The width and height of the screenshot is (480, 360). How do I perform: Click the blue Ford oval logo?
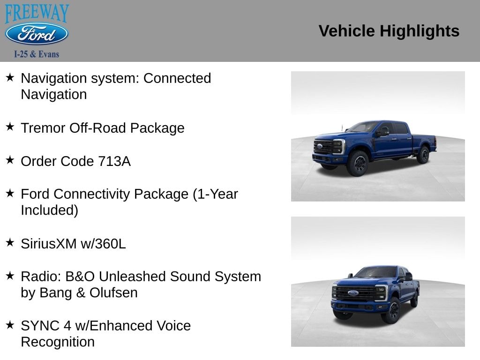(x=37, y=34)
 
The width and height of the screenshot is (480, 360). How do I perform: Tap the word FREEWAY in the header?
(x=37, y=13)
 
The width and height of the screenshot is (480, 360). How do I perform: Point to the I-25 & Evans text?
(x=37, y=54)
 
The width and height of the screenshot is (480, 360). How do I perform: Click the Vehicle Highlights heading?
(x=389, y=31)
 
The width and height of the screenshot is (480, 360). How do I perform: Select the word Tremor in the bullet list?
(x=43, y=128)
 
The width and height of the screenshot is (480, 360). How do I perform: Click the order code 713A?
(x=114, y=161)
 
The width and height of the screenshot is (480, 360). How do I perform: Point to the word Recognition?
(x=58, y=342)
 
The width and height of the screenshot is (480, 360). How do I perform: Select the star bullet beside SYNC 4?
(x=10, y=325)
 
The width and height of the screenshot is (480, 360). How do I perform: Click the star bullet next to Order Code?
(x=10, y=160)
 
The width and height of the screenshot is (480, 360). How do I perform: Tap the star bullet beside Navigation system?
(x=10, y=77)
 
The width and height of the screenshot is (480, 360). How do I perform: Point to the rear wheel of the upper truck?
(x=423, y=155)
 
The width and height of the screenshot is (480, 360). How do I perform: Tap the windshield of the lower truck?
(x=376, y=272)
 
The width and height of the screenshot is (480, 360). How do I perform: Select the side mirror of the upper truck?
(x=382, y=133)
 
